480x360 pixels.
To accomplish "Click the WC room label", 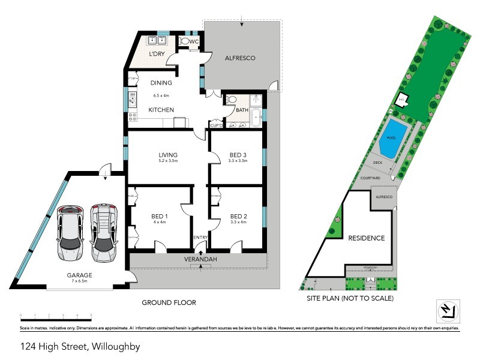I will point(194,41).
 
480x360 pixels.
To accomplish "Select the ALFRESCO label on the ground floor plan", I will point(241,58).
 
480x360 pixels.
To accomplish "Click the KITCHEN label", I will point(161,110).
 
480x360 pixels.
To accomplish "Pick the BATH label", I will point(242,110).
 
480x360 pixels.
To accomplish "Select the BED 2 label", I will point(238,216).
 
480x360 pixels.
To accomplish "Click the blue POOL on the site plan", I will point(392,137).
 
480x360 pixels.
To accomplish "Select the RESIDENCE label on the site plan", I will point(367,238).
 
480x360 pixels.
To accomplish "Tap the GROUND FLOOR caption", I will point(168,302).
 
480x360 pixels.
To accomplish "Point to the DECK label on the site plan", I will point(378,162).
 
